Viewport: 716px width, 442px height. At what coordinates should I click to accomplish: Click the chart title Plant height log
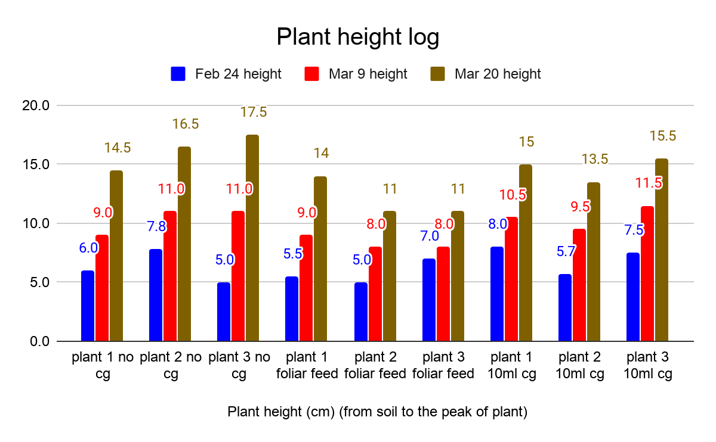357,38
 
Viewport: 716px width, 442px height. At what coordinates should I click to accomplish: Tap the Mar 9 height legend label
368,74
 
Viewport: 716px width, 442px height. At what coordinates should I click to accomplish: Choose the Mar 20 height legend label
497,74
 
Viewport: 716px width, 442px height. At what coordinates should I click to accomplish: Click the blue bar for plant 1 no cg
88,306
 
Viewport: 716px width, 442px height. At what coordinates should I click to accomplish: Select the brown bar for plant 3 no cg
252,238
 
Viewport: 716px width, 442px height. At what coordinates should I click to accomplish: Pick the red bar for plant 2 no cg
170,276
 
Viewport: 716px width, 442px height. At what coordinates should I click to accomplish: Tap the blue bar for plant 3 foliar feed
428,300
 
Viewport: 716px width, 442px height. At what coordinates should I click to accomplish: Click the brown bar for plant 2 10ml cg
593,262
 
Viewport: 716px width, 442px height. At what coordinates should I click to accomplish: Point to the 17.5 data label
253,112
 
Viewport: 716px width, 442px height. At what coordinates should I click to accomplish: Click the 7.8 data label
156,226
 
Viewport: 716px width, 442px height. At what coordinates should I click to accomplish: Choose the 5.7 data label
566,251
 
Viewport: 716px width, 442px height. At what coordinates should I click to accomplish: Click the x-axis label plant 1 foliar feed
307,365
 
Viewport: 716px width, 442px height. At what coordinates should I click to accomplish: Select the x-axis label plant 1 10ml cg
511,365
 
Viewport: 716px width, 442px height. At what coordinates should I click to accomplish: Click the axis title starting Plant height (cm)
377,412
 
